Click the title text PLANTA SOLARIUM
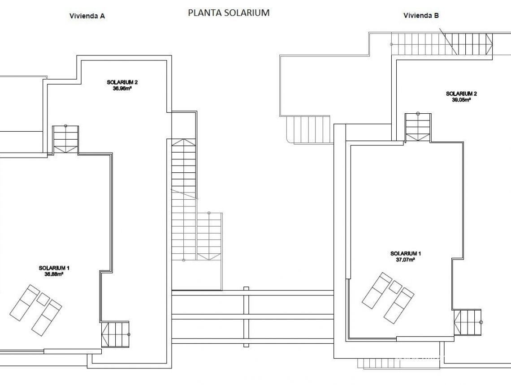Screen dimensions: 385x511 [229, 13]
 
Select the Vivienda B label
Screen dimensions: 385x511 [421, 15]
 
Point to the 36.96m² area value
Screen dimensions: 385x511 [122, 88]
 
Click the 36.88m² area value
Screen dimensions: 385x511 [54, 274]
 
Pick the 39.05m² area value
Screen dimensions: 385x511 [461, 100]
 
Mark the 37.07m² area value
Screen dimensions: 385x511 [406, 259]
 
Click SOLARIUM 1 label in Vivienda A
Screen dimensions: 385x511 [54, 268]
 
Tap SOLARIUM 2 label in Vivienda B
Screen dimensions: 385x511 [461, 94]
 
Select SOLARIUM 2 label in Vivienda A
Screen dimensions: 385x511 [122, 82]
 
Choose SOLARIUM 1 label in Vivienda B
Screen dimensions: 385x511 [406, 253]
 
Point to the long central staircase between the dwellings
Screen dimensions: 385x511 [184, 197]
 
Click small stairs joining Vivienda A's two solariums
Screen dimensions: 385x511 [65, 139]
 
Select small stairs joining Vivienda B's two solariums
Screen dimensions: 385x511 [418, 127]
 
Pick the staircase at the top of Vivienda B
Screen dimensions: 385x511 [442, 43]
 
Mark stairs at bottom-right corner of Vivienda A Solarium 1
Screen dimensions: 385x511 [115, 334]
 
